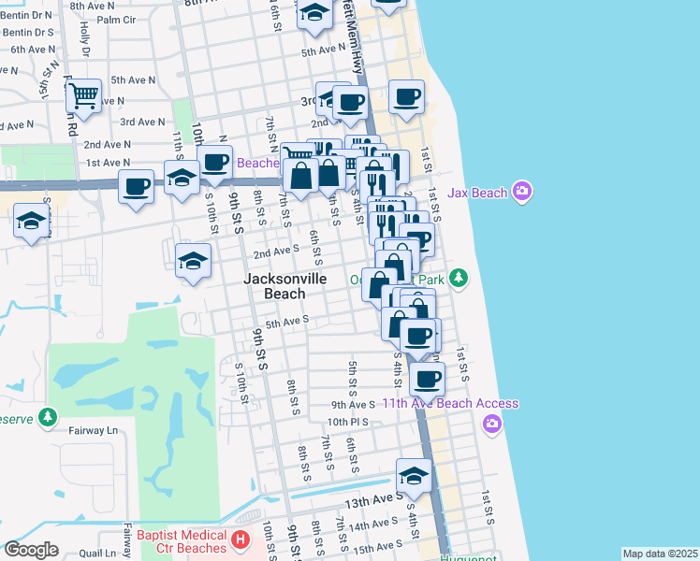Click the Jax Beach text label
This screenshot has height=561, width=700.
pos(477,193)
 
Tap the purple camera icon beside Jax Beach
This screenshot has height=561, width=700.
pos(522,193)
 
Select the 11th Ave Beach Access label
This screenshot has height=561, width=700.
pos(449,403)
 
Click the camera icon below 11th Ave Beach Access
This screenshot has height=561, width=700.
pos(492,425)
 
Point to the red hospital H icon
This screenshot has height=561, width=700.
pos(241,539)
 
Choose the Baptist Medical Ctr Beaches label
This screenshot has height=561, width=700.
pos(182,540)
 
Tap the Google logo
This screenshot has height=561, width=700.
pos(31,550)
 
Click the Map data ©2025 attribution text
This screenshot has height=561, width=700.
pos(660,554)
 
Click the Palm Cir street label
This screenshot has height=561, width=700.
pos(116,19)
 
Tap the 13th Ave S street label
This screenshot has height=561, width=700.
pos(369,502)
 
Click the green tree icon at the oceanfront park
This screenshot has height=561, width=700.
pos(458,278)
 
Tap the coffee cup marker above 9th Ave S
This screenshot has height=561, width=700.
pos(428,378)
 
